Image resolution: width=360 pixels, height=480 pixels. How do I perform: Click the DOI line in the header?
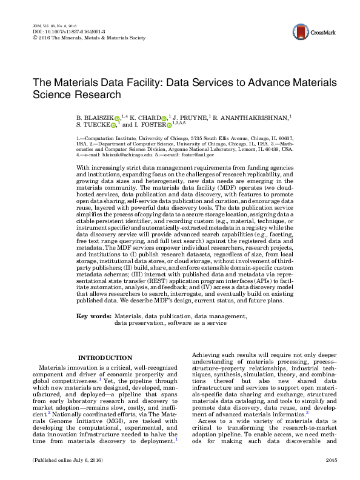(61, 32)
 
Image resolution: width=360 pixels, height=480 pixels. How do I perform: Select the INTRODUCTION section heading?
(105, 358)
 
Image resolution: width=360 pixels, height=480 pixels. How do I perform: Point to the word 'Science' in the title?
(52, 95)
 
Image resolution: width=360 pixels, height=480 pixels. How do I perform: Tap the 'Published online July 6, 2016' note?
(67, 461)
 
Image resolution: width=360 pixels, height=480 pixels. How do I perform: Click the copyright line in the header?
(88, 38)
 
